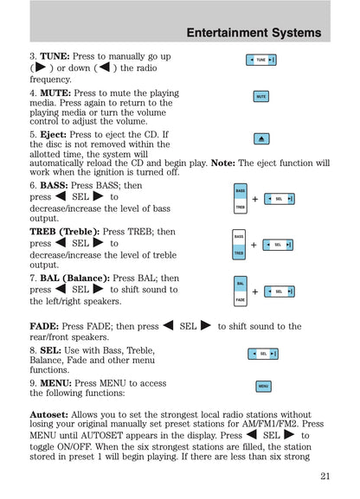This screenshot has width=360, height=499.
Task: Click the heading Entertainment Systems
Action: tap(254, 33)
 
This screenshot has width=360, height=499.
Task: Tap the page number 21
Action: tap(325, 475)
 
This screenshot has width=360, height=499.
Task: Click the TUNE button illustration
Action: tap(260, 60)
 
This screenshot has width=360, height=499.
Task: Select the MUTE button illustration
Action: tap(260, 97)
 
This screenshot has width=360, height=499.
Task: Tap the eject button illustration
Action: tap(260, 138)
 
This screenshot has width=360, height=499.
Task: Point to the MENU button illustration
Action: tap(262, 386)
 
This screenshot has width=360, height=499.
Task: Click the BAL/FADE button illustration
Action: tap(240, 291)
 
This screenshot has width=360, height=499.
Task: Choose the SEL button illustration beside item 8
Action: tap(262, 354)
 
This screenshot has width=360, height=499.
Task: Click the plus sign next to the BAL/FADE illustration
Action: tap(254, 292)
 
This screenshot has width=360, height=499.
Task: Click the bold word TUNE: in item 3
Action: tap(55, 56)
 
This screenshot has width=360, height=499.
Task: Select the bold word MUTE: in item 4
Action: tap(55, 93)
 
